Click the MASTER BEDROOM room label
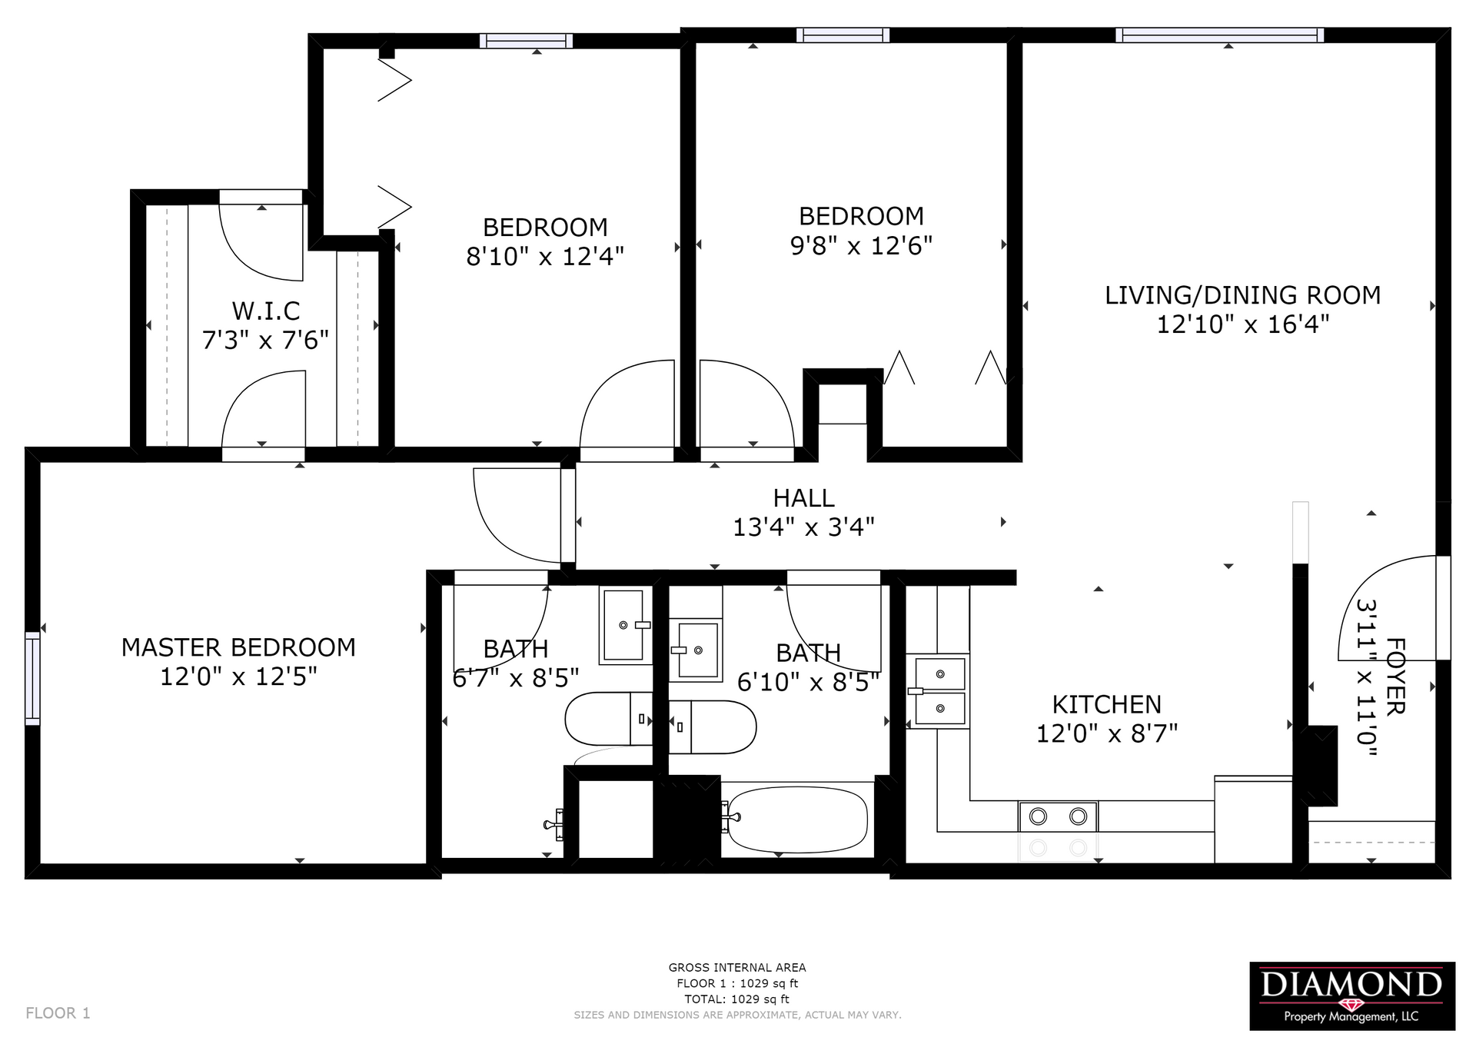click(238, 647)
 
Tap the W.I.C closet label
click(266, 311)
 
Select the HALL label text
click(803, 498)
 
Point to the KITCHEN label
click(1106, 704)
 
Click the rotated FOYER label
click(1395, 677)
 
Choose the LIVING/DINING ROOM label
click(1242, 295)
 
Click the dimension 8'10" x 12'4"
click(545, 257)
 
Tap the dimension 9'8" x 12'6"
click(861, 246)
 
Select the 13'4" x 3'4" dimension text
click(803, 527)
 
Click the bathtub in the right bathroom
click(798, 820)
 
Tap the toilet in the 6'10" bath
click(713, 727)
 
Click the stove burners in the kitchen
click(1059, 816)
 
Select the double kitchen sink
click(939, 691)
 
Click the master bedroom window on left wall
click(32, 679)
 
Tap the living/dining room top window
click(1220, 35)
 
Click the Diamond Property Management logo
click(1352, 996)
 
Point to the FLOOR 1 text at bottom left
click(58, 1013)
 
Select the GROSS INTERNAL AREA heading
click(737, 968)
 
